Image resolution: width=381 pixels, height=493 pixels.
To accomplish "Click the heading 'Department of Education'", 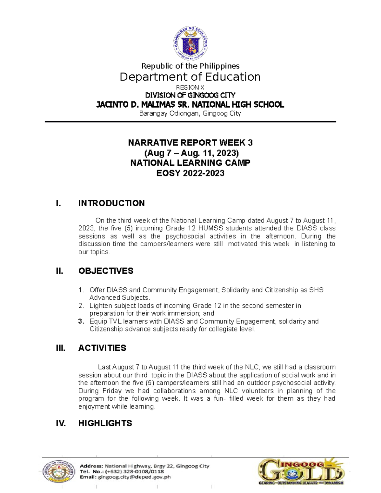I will point(190,77).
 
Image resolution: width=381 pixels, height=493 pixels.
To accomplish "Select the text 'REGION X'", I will point(190,88).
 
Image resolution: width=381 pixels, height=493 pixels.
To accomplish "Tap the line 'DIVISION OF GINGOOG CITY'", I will point(190,95).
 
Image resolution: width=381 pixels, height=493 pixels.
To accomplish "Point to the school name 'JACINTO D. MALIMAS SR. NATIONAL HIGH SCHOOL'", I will point(190,104).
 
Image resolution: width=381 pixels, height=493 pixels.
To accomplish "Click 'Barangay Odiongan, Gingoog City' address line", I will point(190,113).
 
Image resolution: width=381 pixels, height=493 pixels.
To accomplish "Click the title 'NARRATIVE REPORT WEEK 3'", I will point(190,143).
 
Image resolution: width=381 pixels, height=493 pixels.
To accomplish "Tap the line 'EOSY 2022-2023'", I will point(190,173).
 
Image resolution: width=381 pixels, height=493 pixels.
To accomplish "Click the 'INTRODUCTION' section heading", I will point(111,203).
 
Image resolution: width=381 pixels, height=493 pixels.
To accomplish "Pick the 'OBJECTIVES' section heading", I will point(106,271).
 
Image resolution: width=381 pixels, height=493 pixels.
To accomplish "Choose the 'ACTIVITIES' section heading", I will point(102,348).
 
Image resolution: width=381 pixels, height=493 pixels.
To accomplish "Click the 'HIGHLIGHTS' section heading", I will point(105,423).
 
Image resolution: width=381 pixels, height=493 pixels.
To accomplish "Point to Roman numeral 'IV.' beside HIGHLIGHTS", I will point(61,423).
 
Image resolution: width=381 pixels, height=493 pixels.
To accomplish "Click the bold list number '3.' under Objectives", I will point(81,321).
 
